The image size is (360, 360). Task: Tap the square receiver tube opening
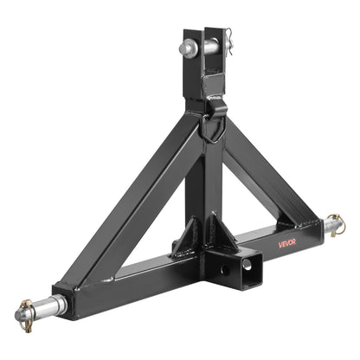250,259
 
